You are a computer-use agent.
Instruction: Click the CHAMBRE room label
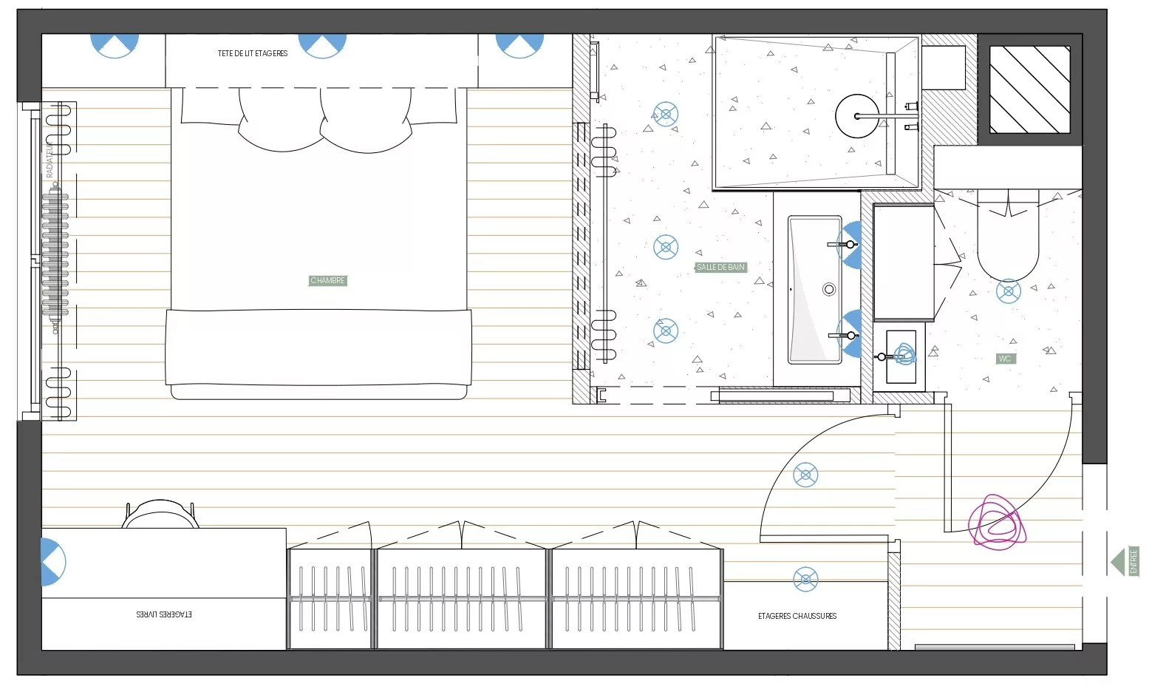327,281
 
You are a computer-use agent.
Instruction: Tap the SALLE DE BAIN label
720,267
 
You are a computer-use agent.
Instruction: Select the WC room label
1005,359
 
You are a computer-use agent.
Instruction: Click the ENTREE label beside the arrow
1134,561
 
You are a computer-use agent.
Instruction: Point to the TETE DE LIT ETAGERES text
253,53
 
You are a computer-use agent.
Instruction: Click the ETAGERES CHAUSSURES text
797,616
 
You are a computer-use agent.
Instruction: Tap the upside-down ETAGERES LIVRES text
164,614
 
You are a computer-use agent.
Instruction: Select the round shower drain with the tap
858,116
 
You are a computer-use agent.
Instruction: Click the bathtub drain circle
829,290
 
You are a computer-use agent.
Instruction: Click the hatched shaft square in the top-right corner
1029,89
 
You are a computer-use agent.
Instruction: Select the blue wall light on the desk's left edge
52,562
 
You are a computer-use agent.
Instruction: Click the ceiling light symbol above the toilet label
1009,291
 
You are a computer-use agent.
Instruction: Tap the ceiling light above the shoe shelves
805,580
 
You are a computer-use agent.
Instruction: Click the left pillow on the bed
280,122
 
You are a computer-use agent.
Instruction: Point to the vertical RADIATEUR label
50,158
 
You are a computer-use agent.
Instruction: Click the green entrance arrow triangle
1117,562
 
